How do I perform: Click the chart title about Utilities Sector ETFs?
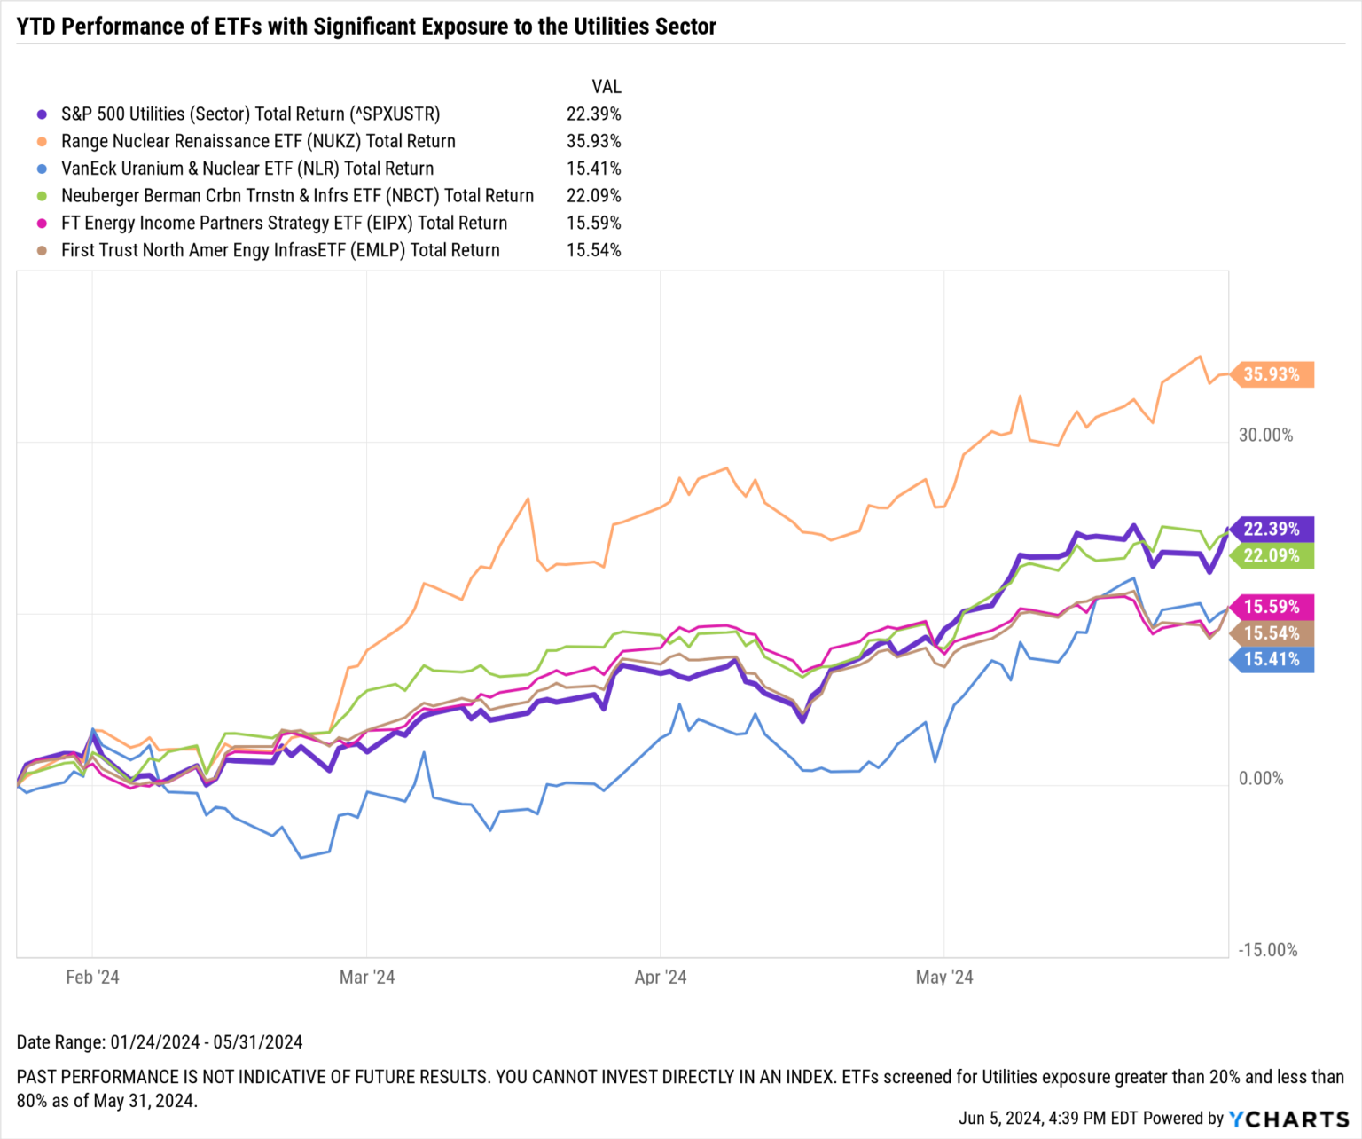tap(366, 27)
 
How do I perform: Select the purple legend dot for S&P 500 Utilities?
tap(42, 114)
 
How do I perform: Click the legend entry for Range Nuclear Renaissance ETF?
tap(258, 141)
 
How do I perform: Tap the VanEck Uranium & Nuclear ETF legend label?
tap(247, 169)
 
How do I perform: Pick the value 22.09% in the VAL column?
tap(593, 196)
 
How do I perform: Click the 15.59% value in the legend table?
tap(593, 224)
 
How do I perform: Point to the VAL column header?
tap(607, 87)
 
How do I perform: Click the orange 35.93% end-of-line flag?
tap(1272, 374)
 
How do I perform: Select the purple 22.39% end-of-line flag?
tap(1272, 529)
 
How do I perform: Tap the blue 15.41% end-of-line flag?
tap(1272, 659)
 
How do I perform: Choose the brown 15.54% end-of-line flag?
tap(1272, 633)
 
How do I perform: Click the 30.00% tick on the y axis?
tap(1265, 436)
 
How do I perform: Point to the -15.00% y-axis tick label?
tap(1267, 950)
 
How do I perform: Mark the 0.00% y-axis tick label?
tap(1261, 779)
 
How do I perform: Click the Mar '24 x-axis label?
tap(367, 978)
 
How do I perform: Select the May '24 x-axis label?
tap(944, 978)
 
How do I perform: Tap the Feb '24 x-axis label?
tap(92, 978)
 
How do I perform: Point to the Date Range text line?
tap(160, 1042)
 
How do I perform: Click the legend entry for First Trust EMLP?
tap(280, 251)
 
